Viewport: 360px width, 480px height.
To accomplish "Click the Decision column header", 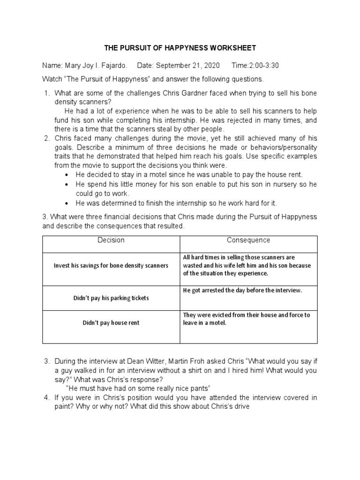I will point(111,240).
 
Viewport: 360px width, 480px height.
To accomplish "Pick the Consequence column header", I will point(248,240).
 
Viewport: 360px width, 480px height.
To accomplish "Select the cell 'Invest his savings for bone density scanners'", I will point(111,265).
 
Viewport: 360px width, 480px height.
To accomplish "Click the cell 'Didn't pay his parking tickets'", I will point(111,298).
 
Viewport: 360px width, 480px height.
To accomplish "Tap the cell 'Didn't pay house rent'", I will point(111,322).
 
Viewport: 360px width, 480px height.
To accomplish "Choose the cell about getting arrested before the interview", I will point(242,291).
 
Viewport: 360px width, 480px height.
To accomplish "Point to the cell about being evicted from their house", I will point(246,319).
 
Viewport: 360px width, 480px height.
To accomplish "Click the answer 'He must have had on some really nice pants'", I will point(138,388).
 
